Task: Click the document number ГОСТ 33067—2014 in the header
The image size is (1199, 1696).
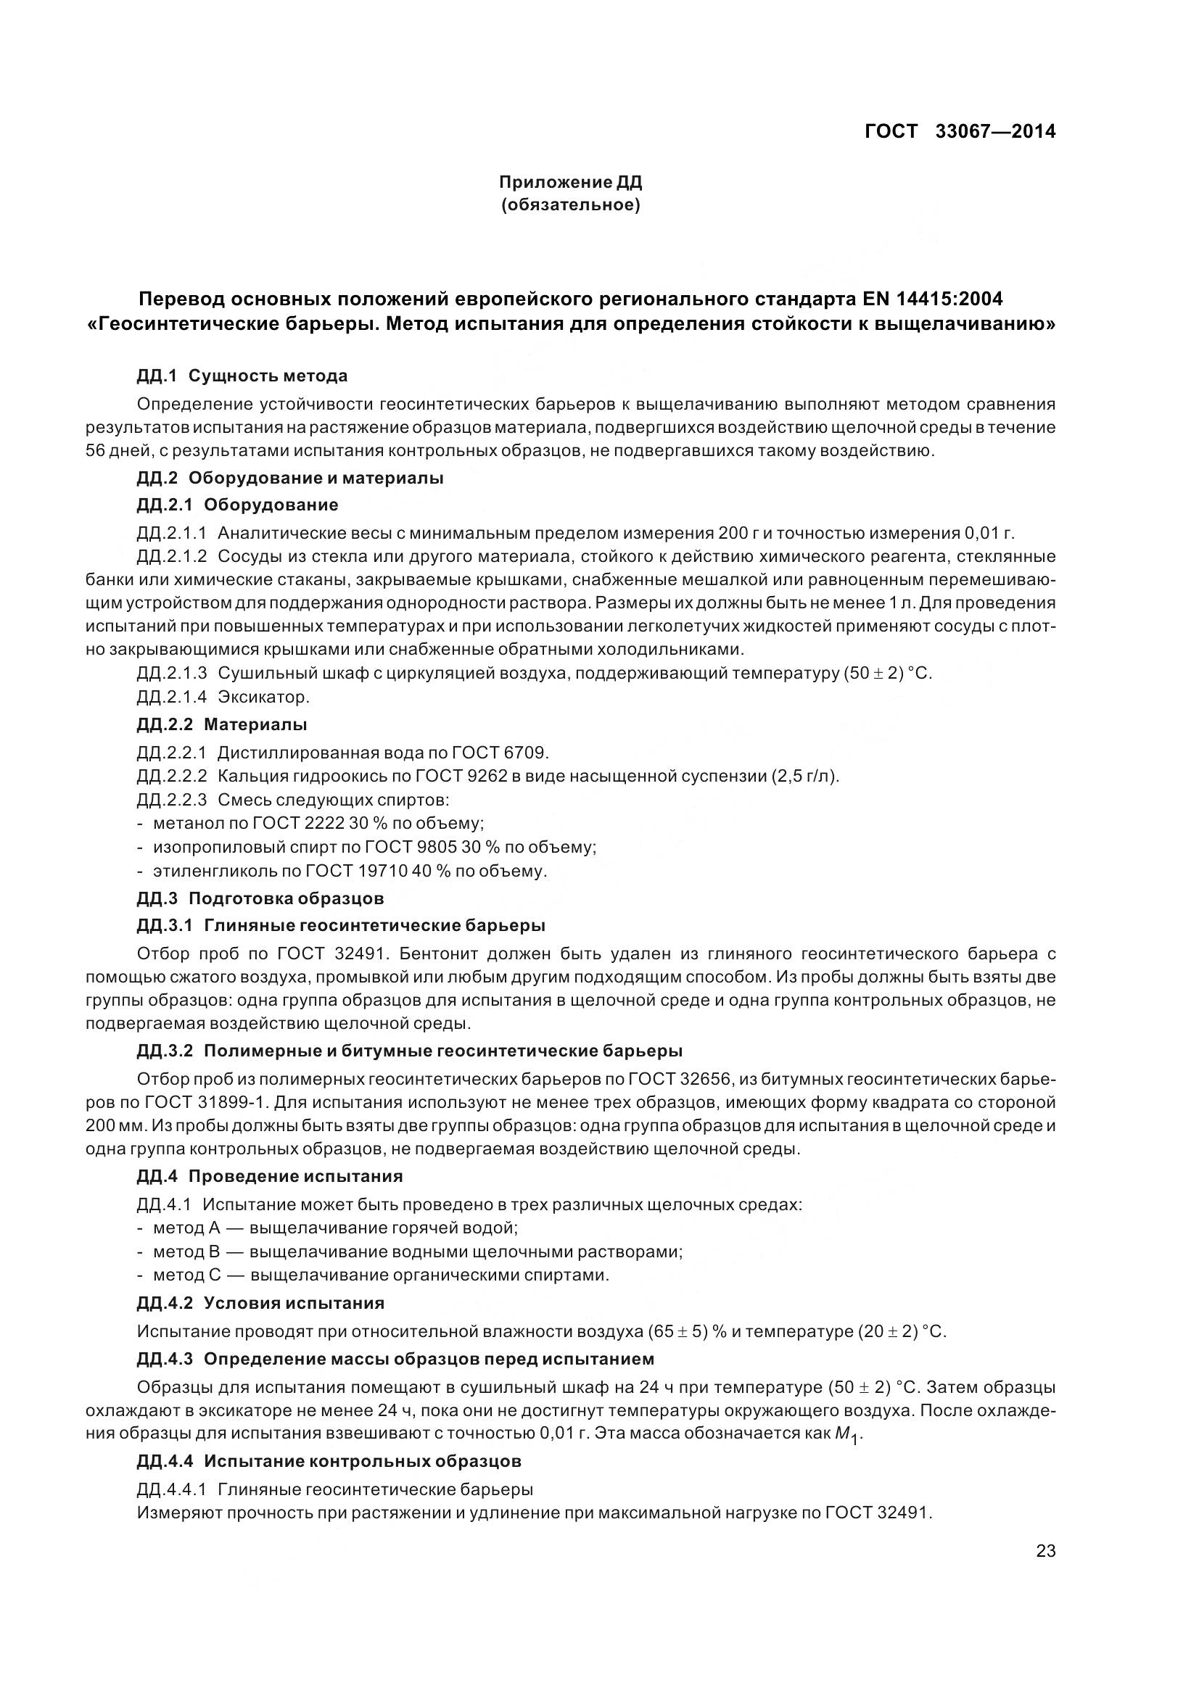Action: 959,131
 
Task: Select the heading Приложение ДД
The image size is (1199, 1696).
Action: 570,182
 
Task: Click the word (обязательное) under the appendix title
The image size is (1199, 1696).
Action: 570,204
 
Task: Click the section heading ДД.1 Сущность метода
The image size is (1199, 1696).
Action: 242,376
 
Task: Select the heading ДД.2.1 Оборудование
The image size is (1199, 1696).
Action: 237,505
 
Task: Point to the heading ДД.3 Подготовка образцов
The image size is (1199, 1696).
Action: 260,898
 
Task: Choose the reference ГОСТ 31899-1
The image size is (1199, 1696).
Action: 199,1103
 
